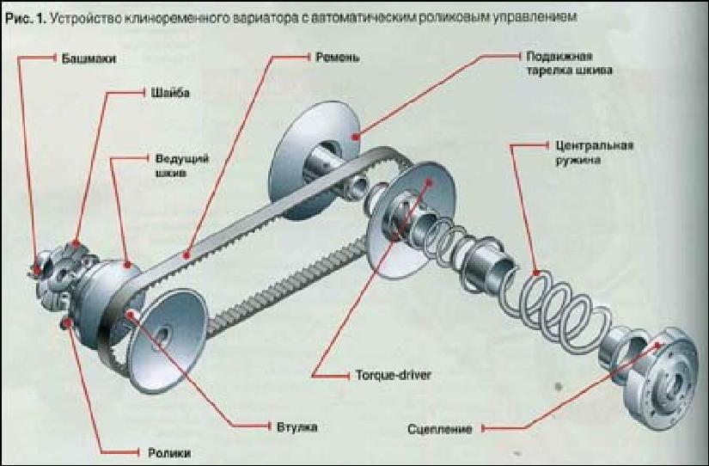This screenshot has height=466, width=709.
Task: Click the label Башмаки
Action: [x=89, y=58]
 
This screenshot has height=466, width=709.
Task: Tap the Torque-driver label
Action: [x=387, y=376]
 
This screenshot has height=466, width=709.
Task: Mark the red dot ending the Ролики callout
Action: [x=67, y=323]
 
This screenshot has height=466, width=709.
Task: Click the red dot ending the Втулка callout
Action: [x=131, y=315]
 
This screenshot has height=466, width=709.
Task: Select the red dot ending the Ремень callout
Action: [x=187, y=255]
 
